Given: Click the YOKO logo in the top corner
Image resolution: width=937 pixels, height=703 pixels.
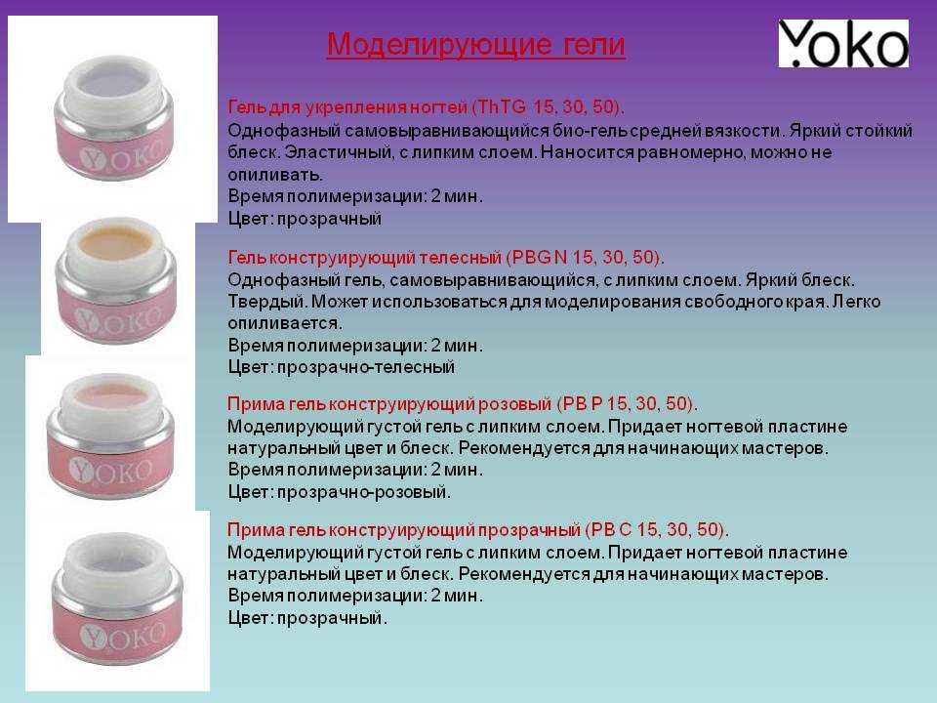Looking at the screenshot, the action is pyautogui.click(x=843, y=43).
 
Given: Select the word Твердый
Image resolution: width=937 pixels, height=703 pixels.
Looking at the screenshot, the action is pyautogui.click(x=267, y=302).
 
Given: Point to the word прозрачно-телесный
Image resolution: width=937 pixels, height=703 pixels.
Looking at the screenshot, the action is pyautogui.click(x=366, y=367).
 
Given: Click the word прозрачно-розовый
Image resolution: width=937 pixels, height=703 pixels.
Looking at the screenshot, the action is pyautogui.click(x=364, y=492).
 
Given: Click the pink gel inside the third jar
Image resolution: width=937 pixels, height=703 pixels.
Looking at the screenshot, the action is pyautogui.click(x=110, y=394).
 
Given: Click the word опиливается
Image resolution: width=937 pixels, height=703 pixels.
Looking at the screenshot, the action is pyautogui.click(x=285, y=324).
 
